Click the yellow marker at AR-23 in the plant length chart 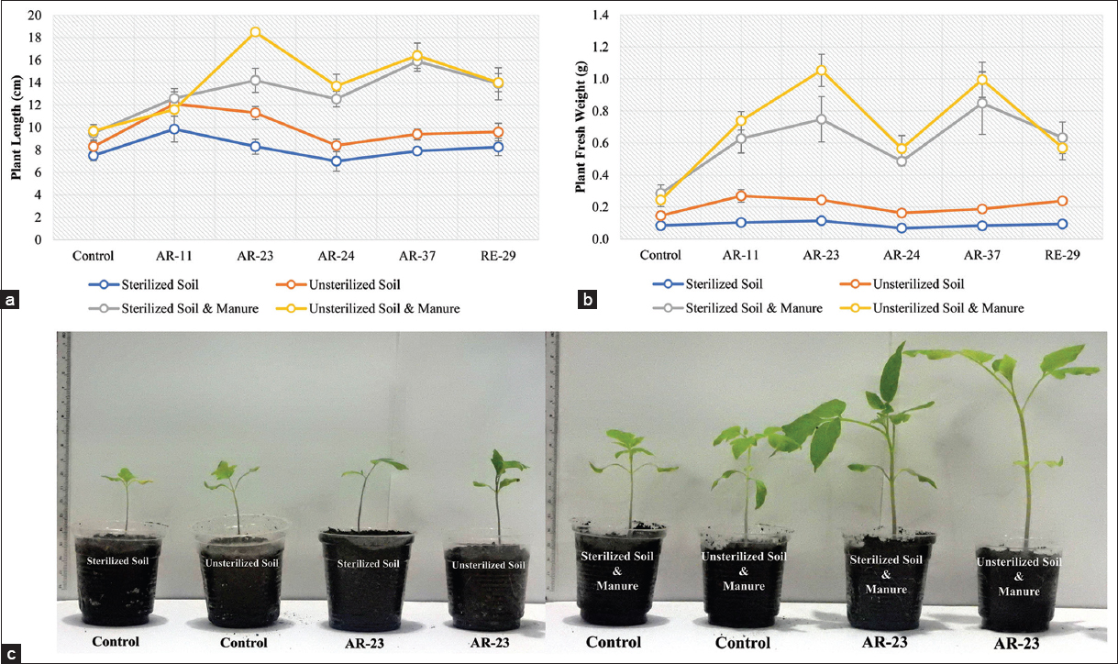pyautogui.click(x=255, y=32)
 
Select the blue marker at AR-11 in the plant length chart pyautogui.click(x=174, y=129)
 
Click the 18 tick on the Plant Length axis pyautogui.click(x=35, y=38)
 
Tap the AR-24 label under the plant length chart pyautogui.click(x=336, y=257)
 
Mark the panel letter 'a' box pyautogui.click(x=10, y=299)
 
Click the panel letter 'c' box pyautogui.click(x=10, y=654)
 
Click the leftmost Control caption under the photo pyautogui.click(x=115, y=642)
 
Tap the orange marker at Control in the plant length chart pyautogui.click(x=94, y=147)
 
